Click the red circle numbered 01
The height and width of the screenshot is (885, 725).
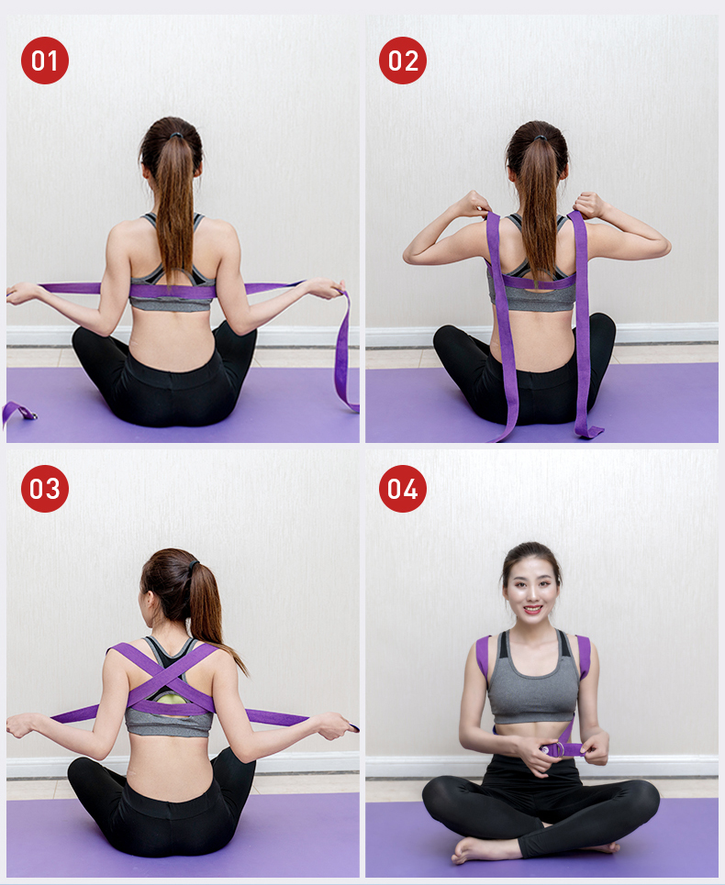45,61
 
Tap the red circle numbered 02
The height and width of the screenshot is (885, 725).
403,61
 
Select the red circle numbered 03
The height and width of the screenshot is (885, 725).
45,489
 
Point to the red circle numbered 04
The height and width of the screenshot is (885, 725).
403,489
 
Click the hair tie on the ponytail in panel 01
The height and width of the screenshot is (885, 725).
176,136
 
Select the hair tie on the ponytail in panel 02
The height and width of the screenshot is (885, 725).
541,138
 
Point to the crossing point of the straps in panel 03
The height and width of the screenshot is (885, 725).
170,677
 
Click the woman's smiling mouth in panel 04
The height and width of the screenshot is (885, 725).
532,610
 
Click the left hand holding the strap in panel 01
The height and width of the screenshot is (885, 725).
23,293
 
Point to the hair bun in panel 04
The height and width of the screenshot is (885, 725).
530,549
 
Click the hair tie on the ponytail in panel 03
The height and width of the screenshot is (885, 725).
195,565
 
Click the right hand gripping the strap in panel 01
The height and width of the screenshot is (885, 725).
327,288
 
